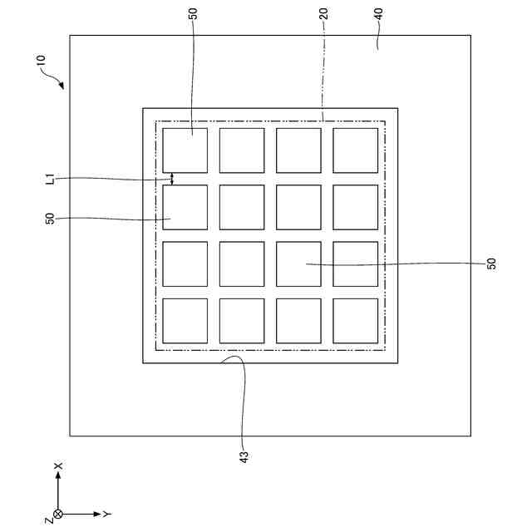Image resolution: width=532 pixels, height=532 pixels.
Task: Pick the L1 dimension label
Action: pyautogui.click(x=50, y=178)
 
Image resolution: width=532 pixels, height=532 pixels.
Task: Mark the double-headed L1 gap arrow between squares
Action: pyautogui.click(x=172, y=179)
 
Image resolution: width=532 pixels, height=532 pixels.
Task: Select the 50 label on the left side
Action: pyautogui.click(x=50, y=219)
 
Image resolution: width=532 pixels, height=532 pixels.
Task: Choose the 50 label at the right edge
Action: pyautogui.click(x=492, y=264)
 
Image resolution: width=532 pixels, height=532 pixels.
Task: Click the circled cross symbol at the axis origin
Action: pyautogui.click(x=58, y=515)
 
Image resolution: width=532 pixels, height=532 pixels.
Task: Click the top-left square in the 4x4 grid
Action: pyautogui.click(x=185, y=150)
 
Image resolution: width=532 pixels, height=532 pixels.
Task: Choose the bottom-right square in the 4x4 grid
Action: pyautogui.click(x=356, y=321)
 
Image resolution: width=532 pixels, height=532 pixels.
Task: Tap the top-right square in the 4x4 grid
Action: pyautogui.click(x=356, y=150)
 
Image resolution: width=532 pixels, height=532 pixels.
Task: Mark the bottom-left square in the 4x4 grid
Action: pyautogui.click(x=185, y=321)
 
